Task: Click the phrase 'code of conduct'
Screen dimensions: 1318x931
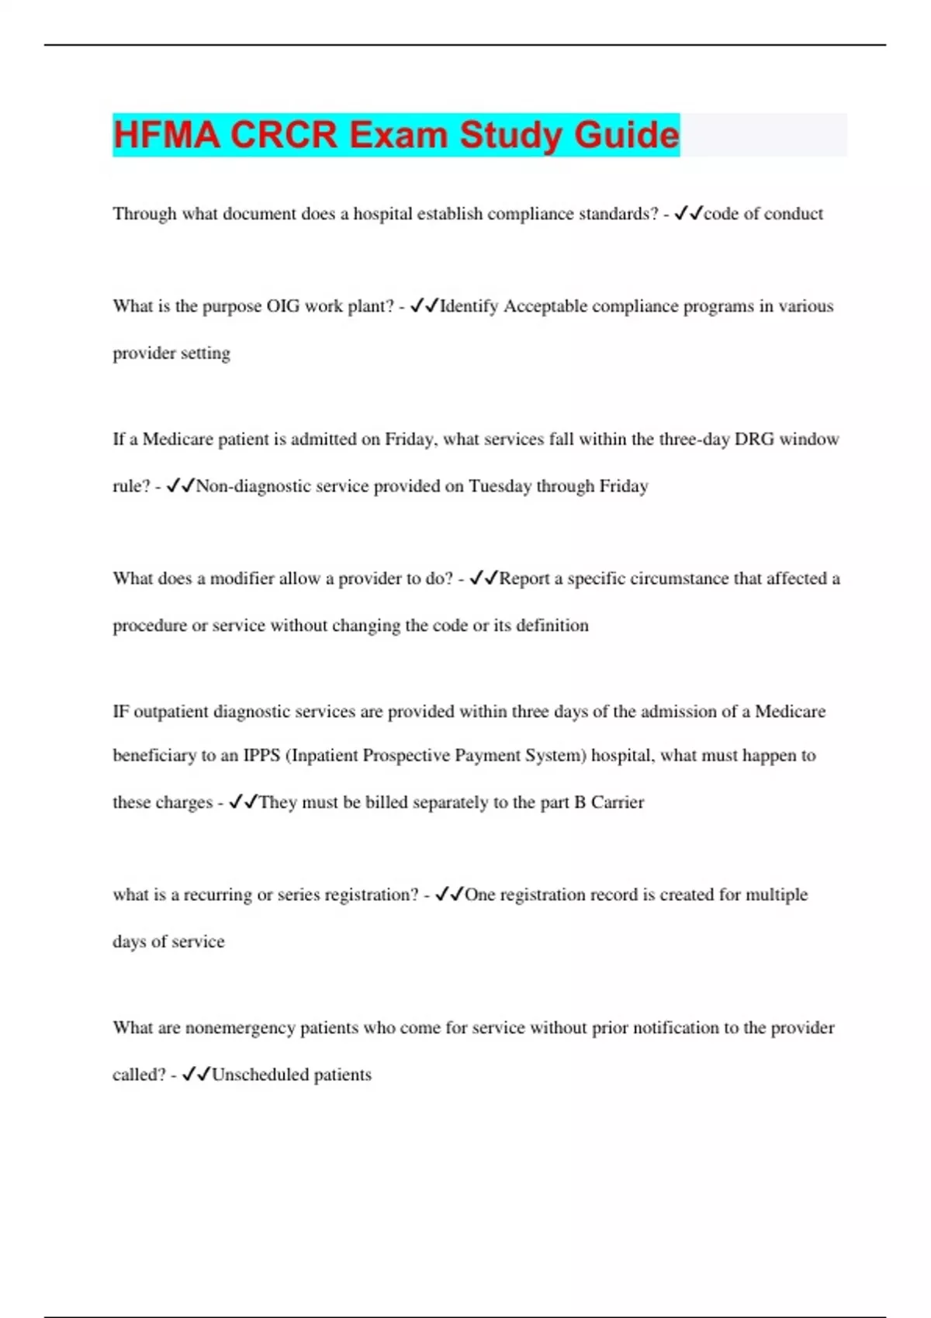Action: [x=763, y=214]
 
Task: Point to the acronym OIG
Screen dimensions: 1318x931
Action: [x=283, y=306]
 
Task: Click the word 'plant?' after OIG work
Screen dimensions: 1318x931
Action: [x=371, y=306]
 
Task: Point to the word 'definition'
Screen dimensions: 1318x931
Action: [x=552, y=626]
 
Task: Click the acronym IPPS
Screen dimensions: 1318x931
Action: [x=261, y=756]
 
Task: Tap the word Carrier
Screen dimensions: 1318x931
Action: [x=618, y=802]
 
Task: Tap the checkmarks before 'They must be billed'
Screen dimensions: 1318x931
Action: [x=244, y=802]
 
